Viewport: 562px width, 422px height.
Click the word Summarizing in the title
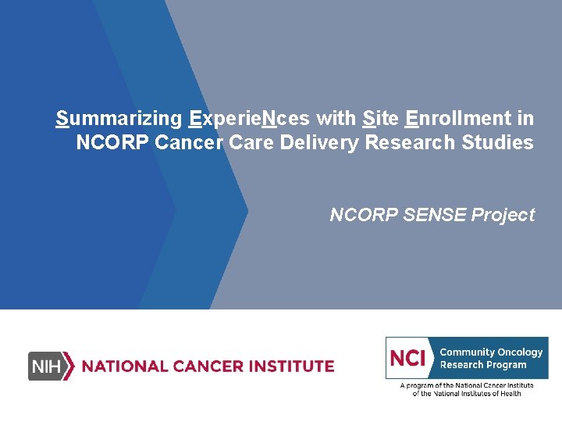(119, 119)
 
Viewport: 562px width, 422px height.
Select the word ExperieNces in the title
(249, 119)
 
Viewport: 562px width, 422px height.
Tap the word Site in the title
(381, 119)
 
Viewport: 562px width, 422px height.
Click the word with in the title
(336, 119)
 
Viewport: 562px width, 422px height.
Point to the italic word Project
(503, 215)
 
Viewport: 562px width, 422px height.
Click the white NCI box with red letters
(409, 358)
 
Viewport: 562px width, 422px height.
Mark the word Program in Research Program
(507, 365)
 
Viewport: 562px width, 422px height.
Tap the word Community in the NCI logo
(467, 352)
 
